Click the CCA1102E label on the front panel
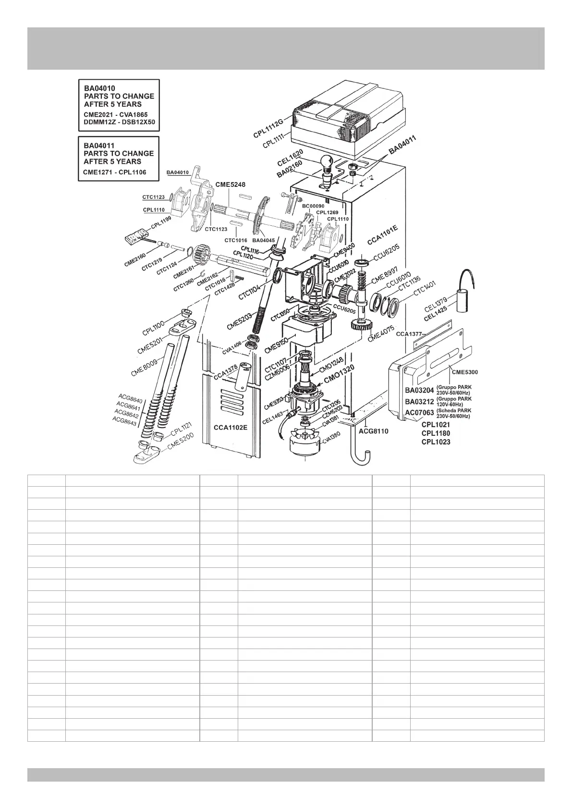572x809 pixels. pos(231,427)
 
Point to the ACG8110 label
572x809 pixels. pos(374,431)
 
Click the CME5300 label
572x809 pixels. pos(464,372)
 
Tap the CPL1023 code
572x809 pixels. pos(436,441)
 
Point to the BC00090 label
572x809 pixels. pos(313,206)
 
